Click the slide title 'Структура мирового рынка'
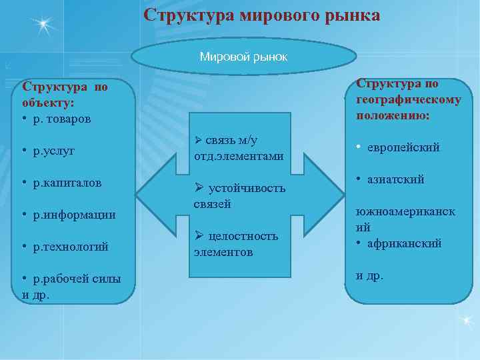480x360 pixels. point(262,15)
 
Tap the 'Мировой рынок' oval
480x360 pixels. point(243,57)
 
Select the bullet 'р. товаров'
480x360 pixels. point(63,119)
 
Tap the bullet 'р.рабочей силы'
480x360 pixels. point(77,279)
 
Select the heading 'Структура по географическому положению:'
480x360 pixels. point(408,99)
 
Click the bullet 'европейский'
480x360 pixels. point(403,147)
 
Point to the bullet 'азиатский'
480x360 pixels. point(395,179)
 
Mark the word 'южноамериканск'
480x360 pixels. point(405,211)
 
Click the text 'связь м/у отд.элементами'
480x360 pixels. point(239,148)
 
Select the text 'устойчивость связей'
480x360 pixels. point(239,196)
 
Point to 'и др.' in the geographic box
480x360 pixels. point(369,275)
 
